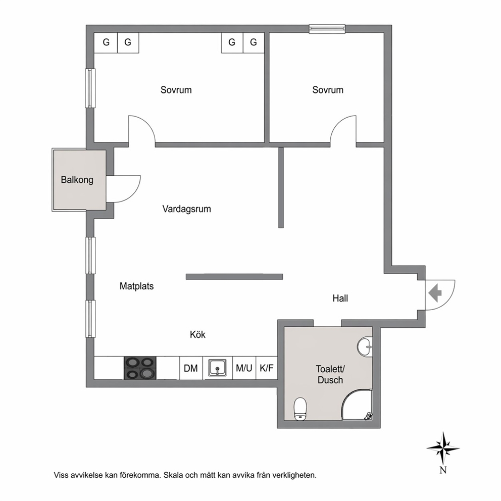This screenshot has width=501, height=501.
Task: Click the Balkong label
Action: (x=77, y=180)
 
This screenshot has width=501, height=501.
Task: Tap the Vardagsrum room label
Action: (x=186, y=209)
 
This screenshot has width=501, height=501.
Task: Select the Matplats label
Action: (x=136, y=286)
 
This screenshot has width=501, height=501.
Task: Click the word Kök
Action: (x=197, y=334)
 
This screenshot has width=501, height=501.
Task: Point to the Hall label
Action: (x=340, y=298)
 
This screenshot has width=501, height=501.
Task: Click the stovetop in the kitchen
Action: (x=140, y=368)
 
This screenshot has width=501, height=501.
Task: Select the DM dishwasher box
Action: (x=191, y=368)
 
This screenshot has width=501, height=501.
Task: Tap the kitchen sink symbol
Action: (x=218, y=368)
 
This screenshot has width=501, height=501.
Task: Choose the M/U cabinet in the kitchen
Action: (x=244, y=368)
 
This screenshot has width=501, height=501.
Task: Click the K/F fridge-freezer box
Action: (x=267, y=368)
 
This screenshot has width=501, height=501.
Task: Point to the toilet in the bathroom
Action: (x=300, y=409)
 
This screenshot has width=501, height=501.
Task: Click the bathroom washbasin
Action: (x=365, y=346)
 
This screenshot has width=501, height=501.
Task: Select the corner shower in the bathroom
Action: (x=357, y=405)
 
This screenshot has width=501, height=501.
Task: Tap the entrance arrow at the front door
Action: (x=435, y=293)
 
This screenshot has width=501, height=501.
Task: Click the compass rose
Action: (x=443, y=448)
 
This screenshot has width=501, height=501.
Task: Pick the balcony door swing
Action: (x=123, y=189)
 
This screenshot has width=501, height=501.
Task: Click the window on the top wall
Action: (x=327, y=29)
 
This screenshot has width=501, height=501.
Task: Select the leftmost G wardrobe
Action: (x=106, y=42)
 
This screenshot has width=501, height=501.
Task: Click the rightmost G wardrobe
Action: (x=254, y=42)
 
